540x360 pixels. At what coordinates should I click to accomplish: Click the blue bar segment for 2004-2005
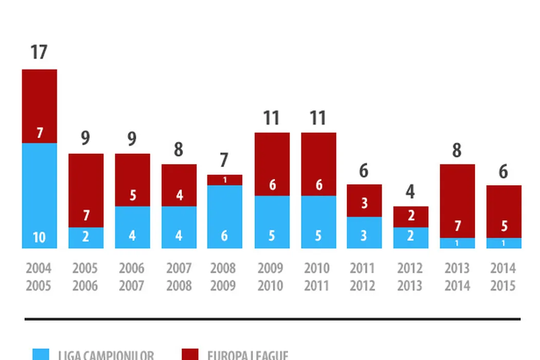(x=39, y=195)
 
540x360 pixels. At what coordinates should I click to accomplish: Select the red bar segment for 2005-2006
(x=86, y=190)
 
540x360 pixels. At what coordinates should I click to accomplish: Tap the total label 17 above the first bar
(x=39, y=52)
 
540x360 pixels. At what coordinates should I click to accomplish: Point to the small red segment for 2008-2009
(x=225, y=180)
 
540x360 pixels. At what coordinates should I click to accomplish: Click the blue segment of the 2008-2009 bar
(x=225, y=217)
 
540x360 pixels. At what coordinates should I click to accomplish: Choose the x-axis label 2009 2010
(x=272, y=277)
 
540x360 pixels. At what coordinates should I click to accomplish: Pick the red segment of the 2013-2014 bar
(x=457, y=201)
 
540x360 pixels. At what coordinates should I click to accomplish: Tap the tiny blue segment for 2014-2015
(x=504, y=243)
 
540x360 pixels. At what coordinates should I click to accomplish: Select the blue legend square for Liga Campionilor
(x=41, y=355)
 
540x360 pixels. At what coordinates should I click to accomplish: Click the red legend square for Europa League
(x=190, y=355)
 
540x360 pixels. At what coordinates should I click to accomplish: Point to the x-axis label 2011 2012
(x=364, y=277)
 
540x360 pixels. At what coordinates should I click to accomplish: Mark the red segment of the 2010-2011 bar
(x=318, y=164)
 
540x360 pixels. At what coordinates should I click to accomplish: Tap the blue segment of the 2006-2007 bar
(x=132, y=227)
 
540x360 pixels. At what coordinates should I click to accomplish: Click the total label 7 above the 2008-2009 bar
(x=225, y=160)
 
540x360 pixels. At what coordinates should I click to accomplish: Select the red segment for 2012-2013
(x=411, y=217)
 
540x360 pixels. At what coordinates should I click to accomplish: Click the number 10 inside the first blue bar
(x=39, y=238)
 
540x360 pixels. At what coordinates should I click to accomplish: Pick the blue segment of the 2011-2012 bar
(x=364, y=232)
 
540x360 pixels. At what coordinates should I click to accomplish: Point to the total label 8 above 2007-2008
(x=178, y=150)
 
